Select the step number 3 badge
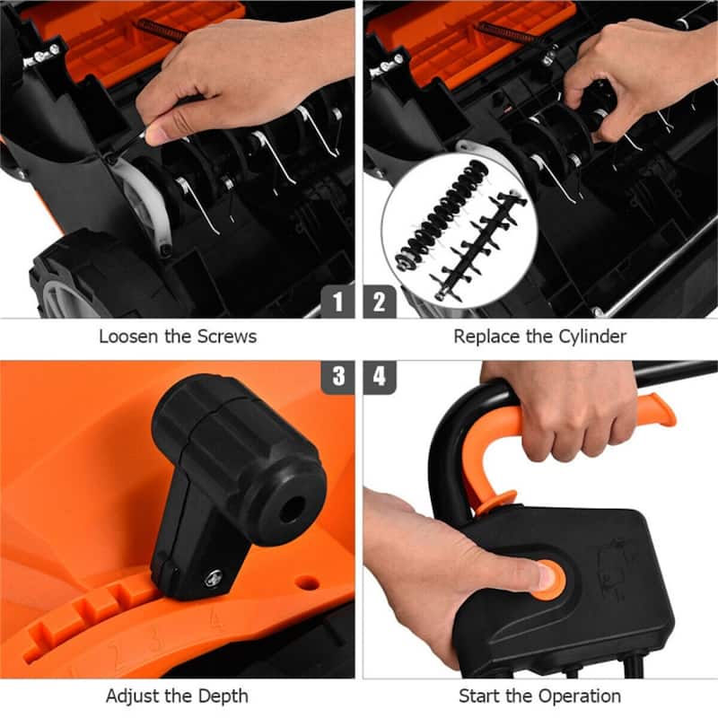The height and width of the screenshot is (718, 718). pyautogui.click(x=337, y=377)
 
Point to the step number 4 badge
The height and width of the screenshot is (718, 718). pyautogui.click(x=379, y=377)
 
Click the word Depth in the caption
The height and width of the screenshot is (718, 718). pyautogui.click(x=225, y=696)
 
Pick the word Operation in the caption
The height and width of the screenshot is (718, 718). pyautogui.click(x=579, y=696)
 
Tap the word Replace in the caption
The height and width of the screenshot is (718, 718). pyautogui.click(x=486, y=337)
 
